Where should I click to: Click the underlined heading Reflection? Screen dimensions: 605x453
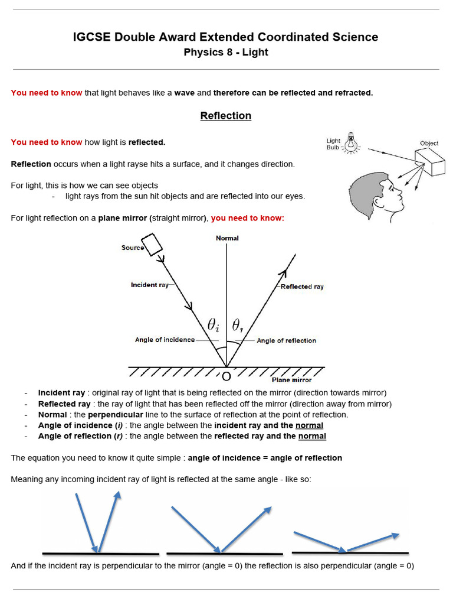(226, 116)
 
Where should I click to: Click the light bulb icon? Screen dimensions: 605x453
(352, 142)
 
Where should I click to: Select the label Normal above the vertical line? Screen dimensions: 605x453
(227, 238)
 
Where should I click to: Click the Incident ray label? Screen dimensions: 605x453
(149, 285)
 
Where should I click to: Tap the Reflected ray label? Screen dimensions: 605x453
(302, 287)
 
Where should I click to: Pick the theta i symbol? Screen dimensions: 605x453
(214, 324)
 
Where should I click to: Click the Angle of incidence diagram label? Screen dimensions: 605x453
(165, 340)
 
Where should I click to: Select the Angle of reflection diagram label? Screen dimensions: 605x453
(286, 340)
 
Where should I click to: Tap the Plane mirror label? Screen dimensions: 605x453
(291, 380)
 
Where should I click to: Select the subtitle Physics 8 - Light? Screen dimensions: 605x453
(226, 53)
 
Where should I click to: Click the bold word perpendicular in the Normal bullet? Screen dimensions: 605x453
(116, 414)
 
